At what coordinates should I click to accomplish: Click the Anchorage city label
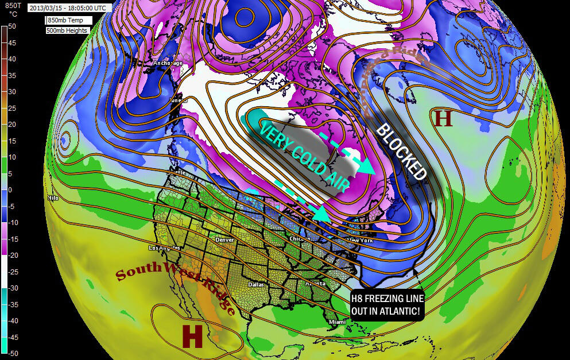(x=168, y=63)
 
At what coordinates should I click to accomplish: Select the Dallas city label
(x=254, y=284)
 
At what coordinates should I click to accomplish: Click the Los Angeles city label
(x=164, y=248)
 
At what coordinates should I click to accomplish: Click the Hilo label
(x=53, y=198)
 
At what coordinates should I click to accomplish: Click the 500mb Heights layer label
(x=67, y=29)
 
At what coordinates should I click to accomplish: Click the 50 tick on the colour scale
(x=11, y=26)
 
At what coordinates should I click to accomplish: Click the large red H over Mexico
(x=192, y=336)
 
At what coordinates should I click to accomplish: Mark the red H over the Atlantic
(x=443, y=118)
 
